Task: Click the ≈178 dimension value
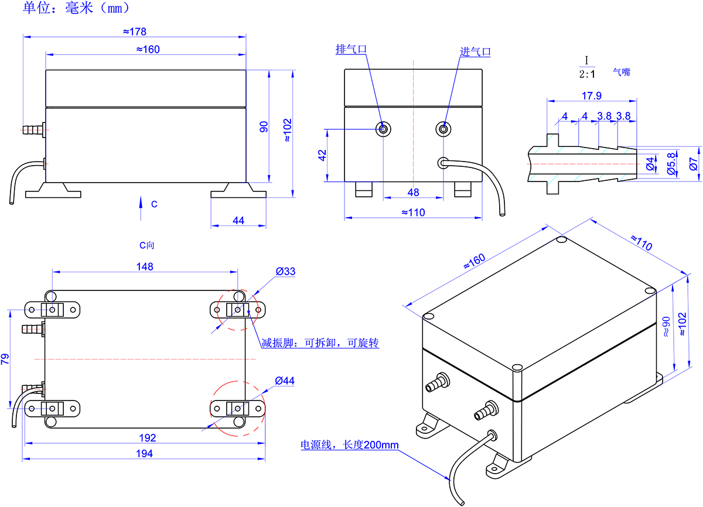coord(135,31)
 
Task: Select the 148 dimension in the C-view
coord(145,267)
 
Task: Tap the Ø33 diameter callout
coord(285,272)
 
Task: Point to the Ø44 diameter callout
coord(285,381)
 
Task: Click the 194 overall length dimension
coord(144,453)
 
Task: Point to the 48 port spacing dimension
coord(413,193)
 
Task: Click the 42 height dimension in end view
coord(322,155)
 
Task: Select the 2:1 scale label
coord(586,74)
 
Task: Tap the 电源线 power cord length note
coord(350,445)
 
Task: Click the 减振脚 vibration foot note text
coord(320,343)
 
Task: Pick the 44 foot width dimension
coord(238,220)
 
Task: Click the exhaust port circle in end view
coord(383,129)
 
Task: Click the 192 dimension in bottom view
coord(148,438)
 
